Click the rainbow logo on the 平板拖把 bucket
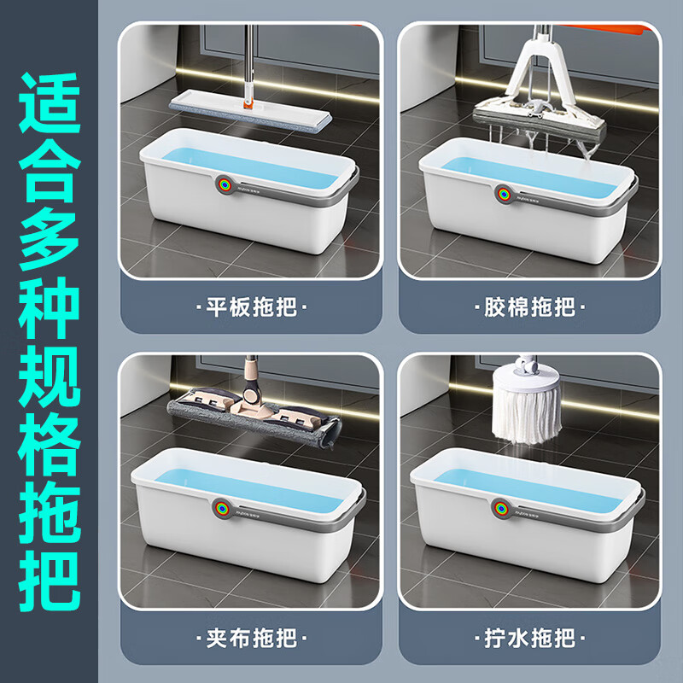coord(223,185)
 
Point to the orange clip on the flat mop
coord(249,107)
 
